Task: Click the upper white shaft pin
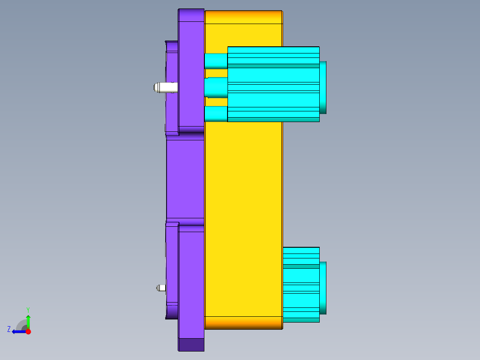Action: (164, 87)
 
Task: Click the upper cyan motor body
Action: (273, 84)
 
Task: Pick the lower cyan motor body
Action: (301, 285)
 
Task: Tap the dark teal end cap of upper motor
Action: (323, 87)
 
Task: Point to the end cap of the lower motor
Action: (323, 288)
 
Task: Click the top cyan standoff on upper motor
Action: (216, 61)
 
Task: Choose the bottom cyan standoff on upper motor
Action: (216, 114)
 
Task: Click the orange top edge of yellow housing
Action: (243, 17)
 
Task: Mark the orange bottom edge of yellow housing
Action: (243, 323)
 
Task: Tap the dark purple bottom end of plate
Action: (191, 344)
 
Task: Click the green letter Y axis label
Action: (28, 309)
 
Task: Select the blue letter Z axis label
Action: (9, 329)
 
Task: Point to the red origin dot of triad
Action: (28, 331)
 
